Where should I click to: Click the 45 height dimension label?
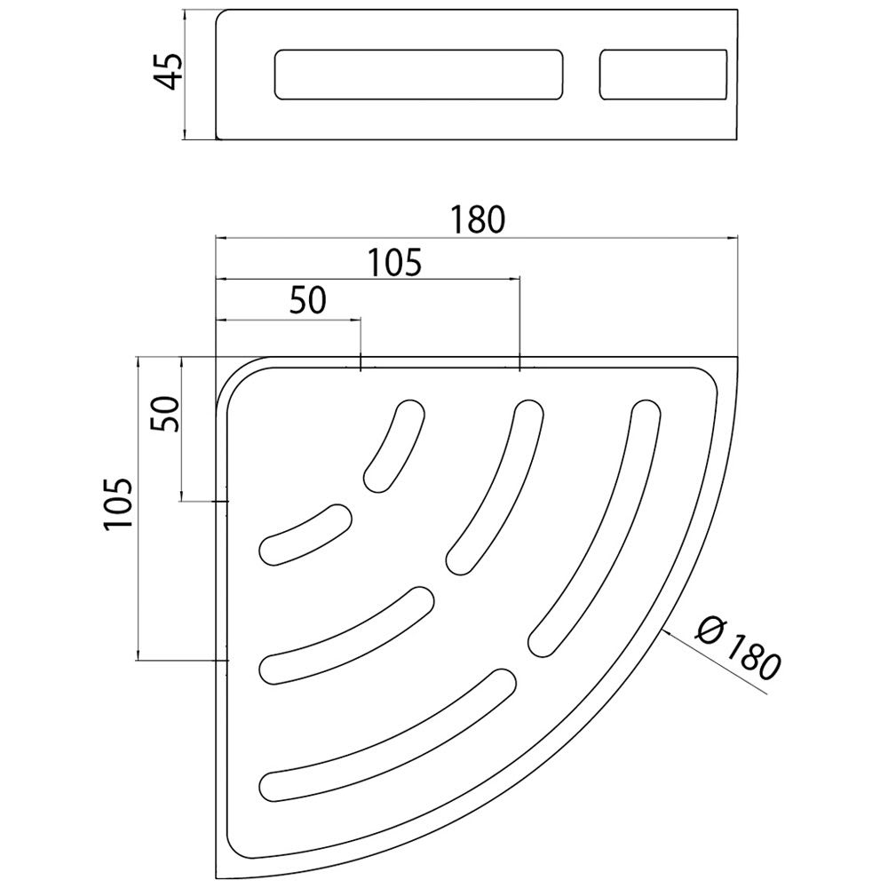pyautogui.click(x=169, y=71)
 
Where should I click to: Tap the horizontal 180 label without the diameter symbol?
pyautogui.click(x=478, y=220)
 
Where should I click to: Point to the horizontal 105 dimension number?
pyautogui.click(x=395, y=263)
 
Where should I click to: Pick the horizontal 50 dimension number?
pyautogui.click(x=308, y=300)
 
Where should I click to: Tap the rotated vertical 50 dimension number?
pyautogui.click(x=165, y=414)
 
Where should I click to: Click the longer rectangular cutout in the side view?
pyautogui.click(x=419, y=75)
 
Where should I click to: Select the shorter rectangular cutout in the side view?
pyautogui.click(x=663, y=75)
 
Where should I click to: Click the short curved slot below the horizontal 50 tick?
pyautogui.click(x=396, y=445)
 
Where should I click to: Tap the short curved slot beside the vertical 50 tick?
pyautogui.click(x=305, y=534)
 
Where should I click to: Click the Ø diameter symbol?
pyautogui.click(x=709, y=630)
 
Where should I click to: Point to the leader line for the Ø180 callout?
pyautogui.click(x=715, y=662)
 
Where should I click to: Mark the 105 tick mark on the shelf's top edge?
pyautogui.click(x=519, y=363)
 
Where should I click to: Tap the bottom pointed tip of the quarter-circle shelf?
pyautogui.click(x=217, y=878)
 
